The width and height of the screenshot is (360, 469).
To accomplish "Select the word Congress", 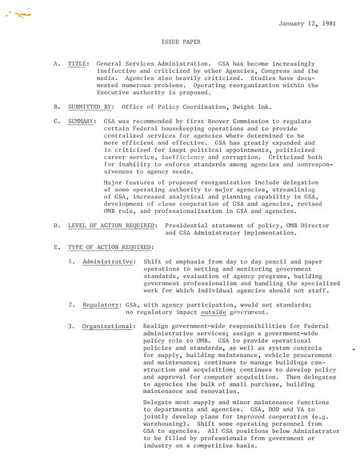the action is (265, 70).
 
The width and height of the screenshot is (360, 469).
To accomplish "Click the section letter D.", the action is (56, 226).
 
